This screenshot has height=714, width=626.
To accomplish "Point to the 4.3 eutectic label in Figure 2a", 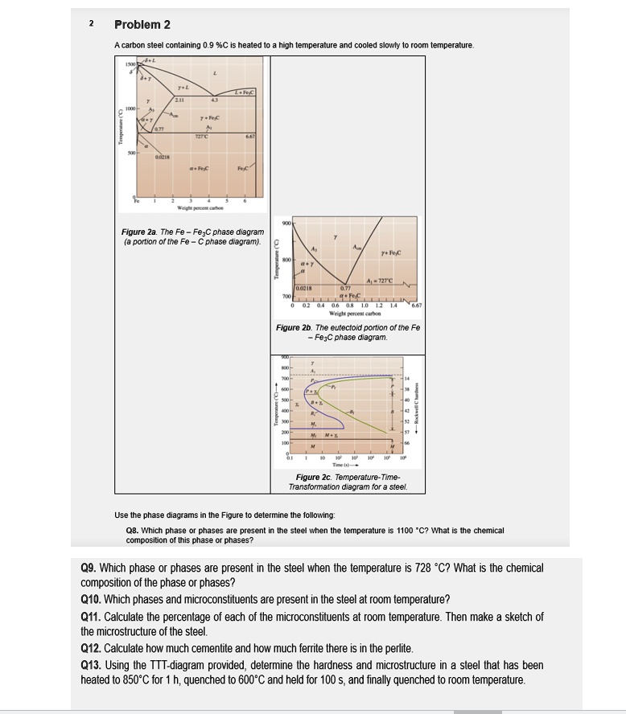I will pos(215,100).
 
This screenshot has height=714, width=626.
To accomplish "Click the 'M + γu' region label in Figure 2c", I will pos(332,437).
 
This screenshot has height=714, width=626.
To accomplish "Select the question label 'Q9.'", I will pos(90,568).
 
